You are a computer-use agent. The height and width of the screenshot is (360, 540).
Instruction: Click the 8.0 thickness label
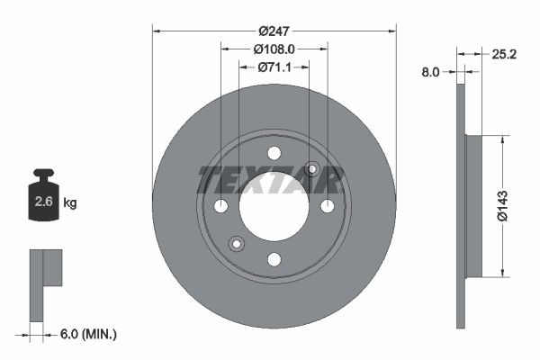pyautogui.click(x=430, y=71)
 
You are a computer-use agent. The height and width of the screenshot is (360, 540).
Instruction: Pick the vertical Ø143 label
pyautogui.click(x=512, y=206)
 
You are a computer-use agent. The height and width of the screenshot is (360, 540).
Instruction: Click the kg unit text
pyautogui.click(x=70, y=203)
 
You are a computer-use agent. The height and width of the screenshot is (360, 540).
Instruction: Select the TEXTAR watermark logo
pyautogui.click(x=270, y=179)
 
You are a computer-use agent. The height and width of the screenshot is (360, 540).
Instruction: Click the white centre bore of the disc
pyautogui.click(x=274, y=206)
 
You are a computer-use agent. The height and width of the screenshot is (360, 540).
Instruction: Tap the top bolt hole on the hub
pyautogui.click(x=274, y=153)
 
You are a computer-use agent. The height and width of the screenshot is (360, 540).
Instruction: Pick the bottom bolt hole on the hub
pyautogui.click(x=274, y=259)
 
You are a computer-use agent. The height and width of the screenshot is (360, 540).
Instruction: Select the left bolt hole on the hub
pyautogui.click(x=221, y=206)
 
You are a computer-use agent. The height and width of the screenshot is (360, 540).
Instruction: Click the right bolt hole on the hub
pyautogui.click(x=328, y=206)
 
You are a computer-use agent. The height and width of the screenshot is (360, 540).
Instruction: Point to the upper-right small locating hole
pyautogui.click(x=312, y=168)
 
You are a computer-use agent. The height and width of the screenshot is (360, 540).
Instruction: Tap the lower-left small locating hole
pyautogui.click(x=237, y=243)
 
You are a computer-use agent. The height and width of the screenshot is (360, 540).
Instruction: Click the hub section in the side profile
pyautogui.click(x=474, y=206)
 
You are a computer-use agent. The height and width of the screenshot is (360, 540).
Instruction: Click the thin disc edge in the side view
pyautogui.click(x=461, y=206)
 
